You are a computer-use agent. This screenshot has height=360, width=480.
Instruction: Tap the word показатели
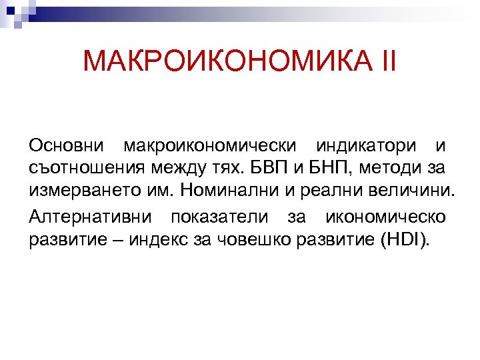219,217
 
